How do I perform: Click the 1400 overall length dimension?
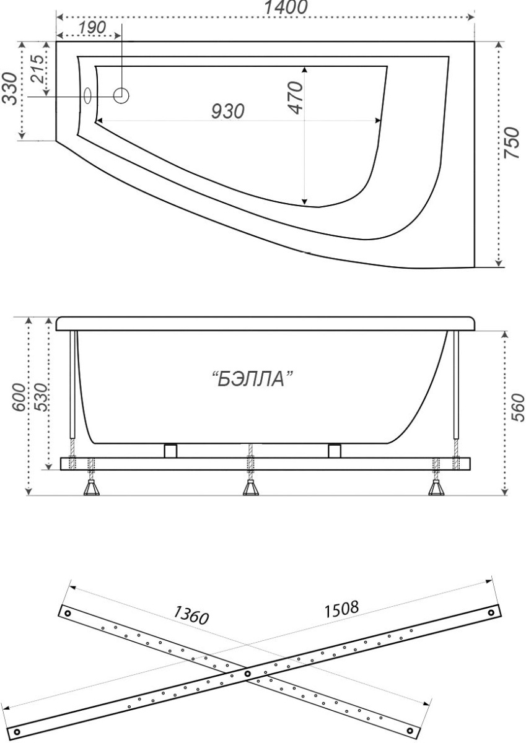coord(286,7)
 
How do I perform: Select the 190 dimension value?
coord(92,27)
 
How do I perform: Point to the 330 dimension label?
coord(10,89)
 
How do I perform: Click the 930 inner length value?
coord(228,111)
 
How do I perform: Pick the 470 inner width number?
coord(295,98)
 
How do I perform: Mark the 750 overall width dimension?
coord(511,142)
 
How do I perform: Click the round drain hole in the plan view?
coord(121,96)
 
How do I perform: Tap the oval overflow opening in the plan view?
coord(87,96)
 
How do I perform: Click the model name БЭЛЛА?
coord(253,379)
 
